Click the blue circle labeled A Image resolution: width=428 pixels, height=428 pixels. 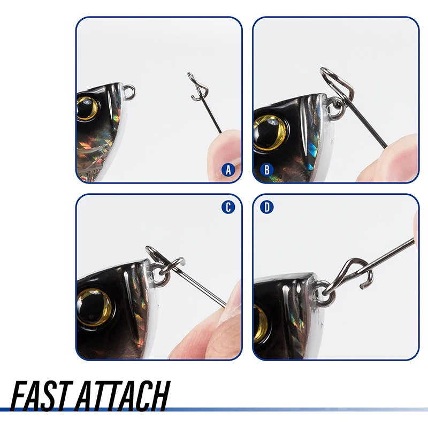(x=228, y=170)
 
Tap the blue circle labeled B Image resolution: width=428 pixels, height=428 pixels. (x=266, y=170)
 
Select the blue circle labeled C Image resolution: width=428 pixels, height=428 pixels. (x=228, y=207)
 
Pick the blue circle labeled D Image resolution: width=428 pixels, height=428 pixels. (x=266, y=207)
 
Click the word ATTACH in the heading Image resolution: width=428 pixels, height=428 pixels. (x=123, y=396)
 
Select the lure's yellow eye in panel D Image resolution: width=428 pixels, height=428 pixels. (x=261, y=323)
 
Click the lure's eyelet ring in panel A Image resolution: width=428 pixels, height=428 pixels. (x=129, y=91)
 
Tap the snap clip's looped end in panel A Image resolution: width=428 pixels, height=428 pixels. (x=197, y=87)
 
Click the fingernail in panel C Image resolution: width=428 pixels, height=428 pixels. (x=231, y=302)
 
